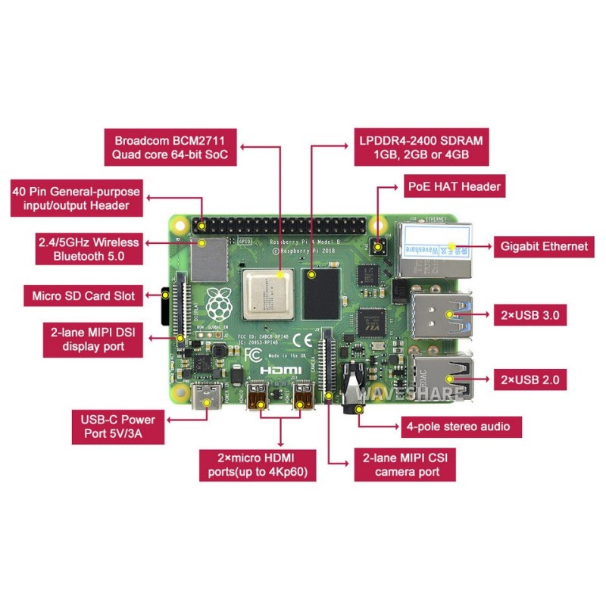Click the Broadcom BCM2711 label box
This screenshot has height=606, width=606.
click(170, 148)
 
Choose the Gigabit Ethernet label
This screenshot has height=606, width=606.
click(542, 246)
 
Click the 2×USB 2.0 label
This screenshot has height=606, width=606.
click(529, 380)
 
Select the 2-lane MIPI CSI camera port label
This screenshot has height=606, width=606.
click(406, 464)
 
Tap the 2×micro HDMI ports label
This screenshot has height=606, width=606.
click(257, 464)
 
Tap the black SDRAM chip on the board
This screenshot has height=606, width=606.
click(319, 293)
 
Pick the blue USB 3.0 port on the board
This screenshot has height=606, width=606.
click(442, 312)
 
